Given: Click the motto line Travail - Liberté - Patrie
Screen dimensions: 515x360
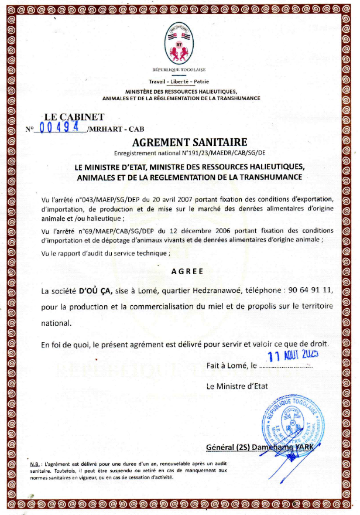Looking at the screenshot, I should [180, 81].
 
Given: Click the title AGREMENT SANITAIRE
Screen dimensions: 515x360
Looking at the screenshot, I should [181, 142].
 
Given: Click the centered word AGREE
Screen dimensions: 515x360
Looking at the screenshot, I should [187, 271].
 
